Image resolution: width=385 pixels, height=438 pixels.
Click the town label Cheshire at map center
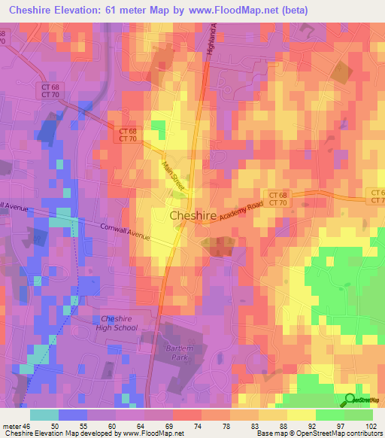pos(193,215)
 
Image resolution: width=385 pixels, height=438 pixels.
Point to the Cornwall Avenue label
pos(125,231)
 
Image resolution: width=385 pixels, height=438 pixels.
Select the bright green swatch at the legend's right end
pos(358,414)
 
